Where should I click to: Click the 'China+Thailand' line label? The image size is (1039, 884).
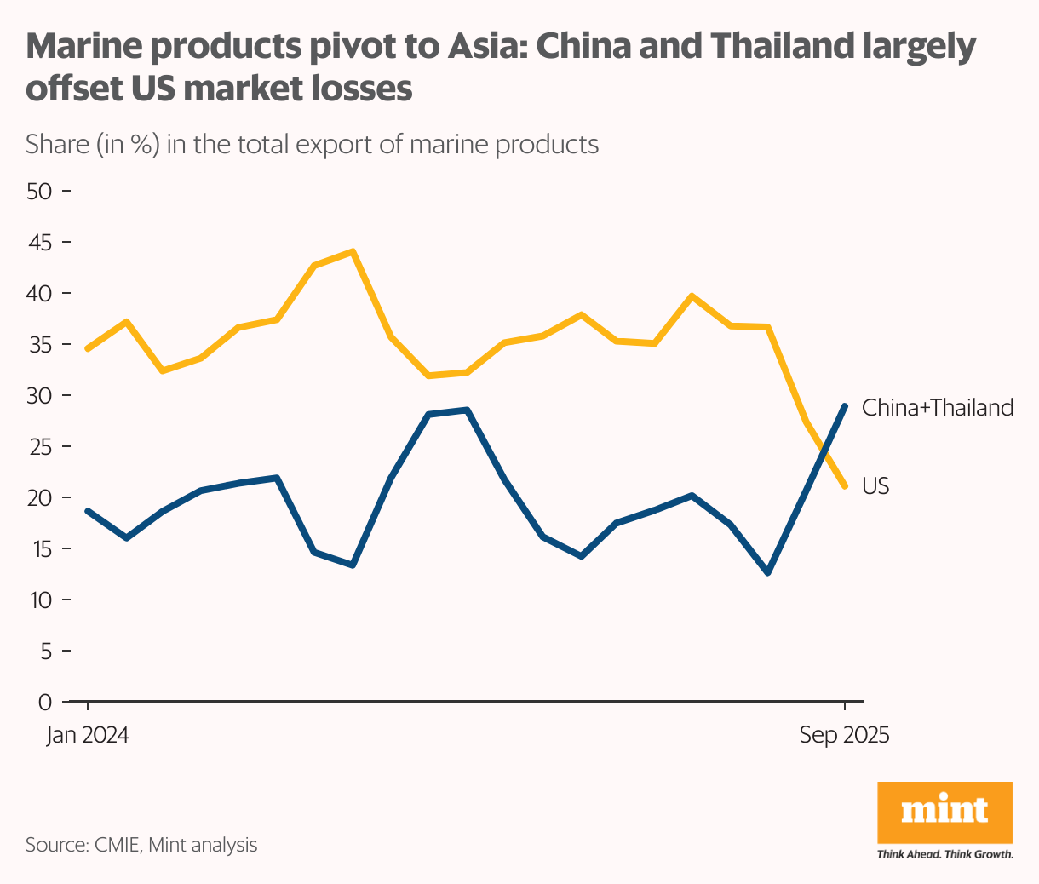click(x=938, y=408)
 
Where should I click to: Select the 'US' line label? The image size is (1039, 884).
click(x=875, y=485)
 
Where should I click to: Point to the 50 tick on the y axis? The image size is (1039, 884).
click(x=40, y=191)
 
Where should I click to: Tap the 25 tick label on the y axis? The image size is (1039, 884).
click(x=40, y=446)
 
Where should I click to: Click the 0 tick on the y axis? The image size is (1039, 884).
click(x=45, y=702)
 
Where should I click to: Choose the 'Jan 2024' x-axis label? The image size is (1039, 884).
click(x=88, y=735)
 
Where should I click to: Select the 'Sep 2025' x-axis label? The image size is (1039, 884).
click(x=844, y=735)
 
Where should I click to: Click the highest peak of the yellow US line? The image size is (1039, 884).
click(x=353, y=252)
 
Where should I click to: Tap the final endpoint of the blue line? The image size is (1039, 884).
click(x=845, y=406)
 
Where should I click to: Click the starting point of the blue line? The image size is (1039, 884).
click(x=89, y=511)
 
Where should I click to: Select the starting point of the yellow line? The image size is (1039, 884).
click(x=89, y=348)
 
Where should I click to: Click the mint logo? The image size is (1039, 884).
click(x=944, y=811)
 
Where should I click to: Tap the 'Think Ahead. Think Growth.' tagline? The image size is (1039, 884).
click(x=944, y=853)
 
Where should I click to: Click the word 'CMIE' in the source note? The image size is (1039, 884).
click(x=117, y=845)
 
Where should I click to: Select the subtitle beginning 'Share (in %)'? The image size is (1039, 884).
click(x=312, y=144)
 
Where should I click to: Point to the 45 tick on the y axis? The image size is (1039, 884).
click(x=40, y=242)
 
